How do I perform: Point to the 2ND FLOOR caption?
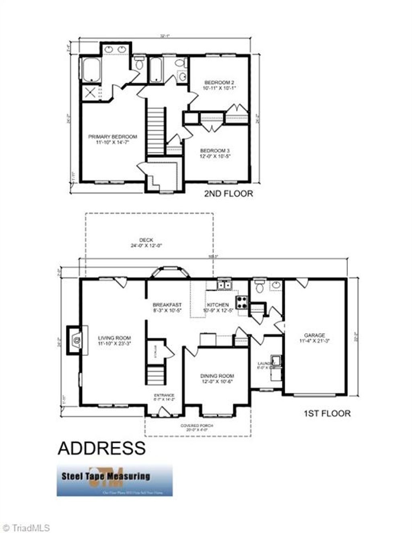(229, 194)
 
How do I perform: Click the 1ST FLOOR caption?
(326, 413)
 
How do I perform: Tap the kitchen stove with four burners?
(242, 302)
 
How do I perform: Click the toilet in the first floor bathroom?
(259, 287)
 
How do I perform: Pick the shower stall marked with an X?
(91, 93)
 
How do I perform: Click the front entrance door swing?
(163, 412)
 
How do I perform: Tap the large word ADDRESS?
(101, 448)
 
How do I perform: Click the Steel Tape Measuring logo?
(114, 480)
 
